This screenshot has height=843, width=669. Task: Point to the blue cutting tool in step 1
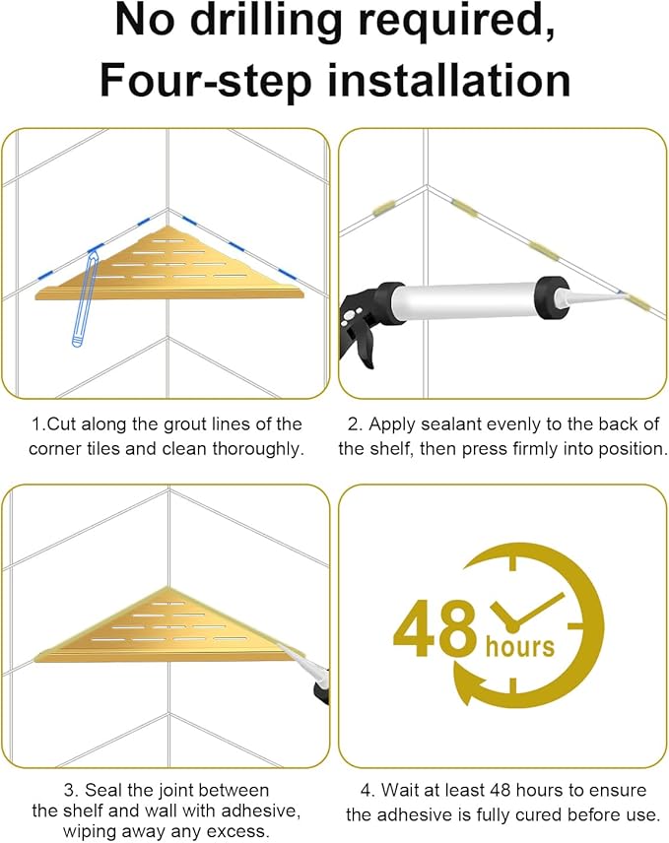pos(86,297)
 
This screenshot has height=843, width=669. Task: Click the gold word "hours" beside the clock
pos(519,646)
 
